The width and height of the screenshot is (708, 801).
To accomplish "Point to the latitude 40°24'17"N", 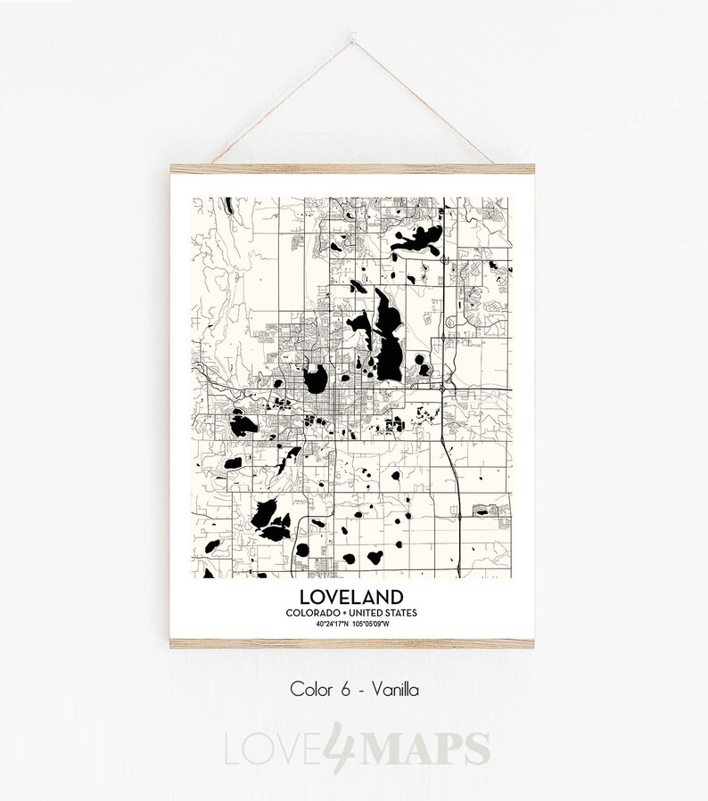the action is tap(332, 624).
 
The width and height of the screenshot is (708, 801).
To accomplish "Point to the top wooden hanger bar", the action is tap(354, 168).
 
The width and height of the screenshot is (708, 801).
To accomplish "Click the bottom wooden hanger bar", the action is tap(354, 642).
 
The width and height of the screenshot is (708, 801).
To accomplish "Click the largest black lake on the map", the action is tap(388, 339).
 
